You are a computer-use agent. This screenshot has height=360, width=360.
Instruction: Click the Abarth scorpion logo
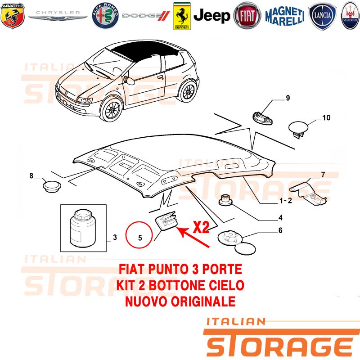click(x=13, y=16)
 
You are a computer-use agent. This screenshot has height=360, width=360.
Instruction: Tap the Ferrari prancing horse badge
click(x=182, y=16)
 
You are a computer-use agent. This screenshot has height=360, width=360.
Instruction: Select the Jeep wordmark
click(x=211, y=16)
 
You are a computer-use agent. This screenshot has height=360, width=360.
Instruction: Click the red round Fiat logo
click(x=247, y=16)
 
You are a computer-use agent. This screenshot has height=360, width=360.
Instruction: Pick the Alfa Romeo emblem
click(x=105, y=16)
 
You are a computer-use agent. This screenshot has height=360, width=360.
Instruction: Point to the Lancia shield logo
click(x=322, y=16)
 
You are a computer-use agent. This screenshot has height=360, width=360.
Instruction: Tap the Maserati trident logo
click(x=351, y=16)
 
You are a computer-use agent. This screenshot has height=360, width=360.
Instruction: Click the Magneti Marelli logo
click(x=285, y=16)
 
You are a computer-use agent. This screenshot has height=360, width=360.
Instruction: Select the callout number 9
click(x=288, y=98)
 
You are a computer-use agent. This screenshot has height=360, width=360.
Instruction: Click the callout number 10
click(x=326, y=118)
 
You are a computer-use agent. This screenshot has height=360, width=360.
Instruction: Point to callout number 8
click(x=31, y=175)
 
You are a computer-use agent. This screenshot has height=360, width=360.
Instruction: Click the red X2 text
click(x=201, y=227)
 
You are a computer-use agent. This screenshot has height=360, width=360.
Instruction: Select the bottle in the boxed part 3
click(x=82, y=228)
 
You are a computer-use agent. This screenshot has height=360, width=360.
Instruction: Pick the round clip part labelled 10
click(x=298, y=129)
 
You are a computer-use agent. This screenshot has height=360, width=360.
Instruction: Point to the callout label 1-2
click(x=286, y=201)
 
